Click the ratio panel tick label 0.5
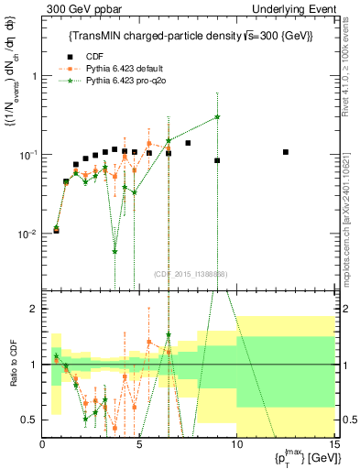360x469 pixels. tap(30, 420)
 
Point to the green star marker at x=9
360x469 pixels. tap(217, 116)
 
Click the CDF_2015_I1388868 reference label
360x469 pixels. tap(191, 274)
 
